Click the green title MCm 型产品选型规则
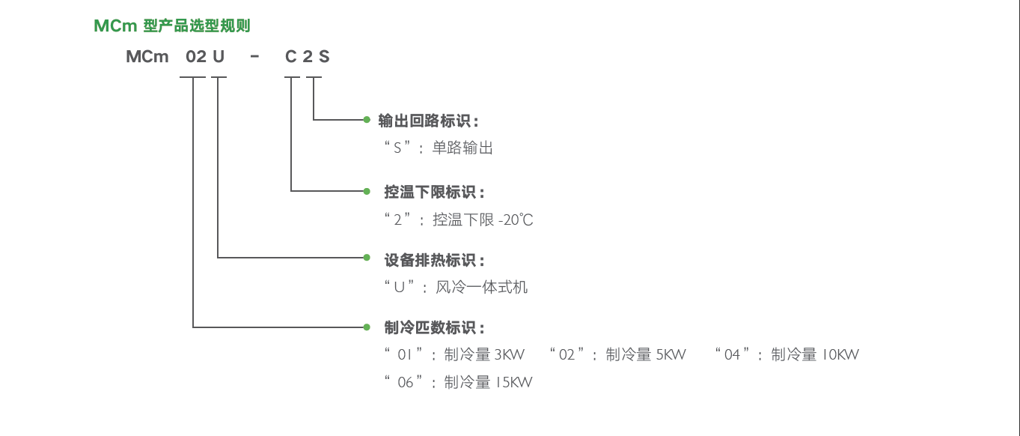[172, 25]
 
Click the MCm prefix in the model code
[147, 56]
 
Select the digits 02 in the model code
[196, 56]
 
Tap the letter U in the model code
[219, 56]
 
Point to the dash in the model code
[254, 56]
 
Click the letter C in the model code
[291, 56]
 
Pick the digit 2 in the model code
[308, 56]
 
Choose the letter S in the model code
[324, 56]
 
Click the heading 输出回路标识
[424, 121]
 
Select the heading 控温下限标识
[430, 192]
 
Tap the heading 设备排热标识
[430, 261]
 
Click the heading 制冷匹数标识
[430, 327]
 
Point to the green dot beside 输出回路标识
[367, 120]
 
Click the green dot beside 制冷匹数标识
[367, 327]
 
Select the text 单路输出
[462, 148]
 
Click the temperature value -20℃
[516, 220]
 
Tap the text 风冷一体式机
[482, 288]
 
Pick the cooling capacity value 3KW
[510, 355]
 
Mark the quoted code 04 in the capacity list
[732, 354]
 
